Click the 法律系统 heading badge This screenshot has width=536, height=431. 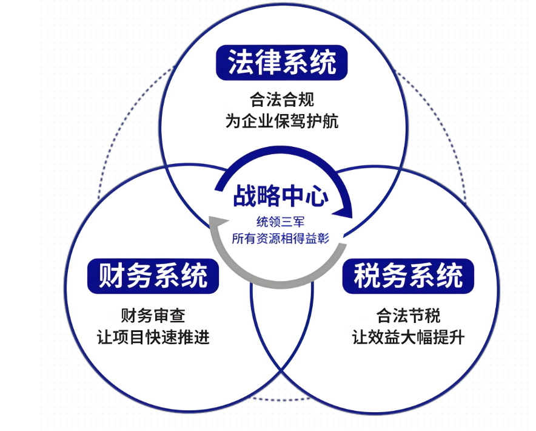(x=282, y=63)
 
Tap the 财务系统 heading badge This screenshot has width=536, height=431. (x=153, y=276)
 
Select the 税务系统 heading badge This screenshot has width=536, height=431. (x=408, y=276)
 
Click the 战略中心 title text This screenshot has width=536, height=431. (x=281, y=196)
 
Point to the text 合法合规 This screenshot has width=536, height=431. (x=282, y=100)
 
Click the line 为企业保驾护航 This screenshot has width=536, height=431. (x=282, y=121)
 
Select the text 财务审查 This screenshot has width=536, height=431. (x=153, y=315)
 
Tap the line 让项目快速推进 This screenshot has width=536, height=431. (x=153, y=337)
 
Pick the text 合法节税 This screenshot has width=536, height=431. (x=408, y=315)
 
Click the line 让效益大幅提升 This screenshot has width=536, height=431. (x=408, y=337)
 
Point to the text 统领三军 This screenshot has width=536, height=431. (x=280, y=222)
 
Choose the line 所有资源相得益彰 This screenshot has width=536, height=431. (x=280, y=239)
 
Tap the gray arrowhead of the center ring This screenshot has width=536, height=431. (x=218, y=223)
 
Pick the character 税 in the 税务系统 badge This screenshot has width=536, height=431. (x=367, y=276)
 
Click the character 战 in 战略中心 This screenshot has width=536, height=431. (x=245, y=196)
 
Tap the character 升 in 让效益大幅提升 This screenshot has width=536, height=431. (x=457, y=337)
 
